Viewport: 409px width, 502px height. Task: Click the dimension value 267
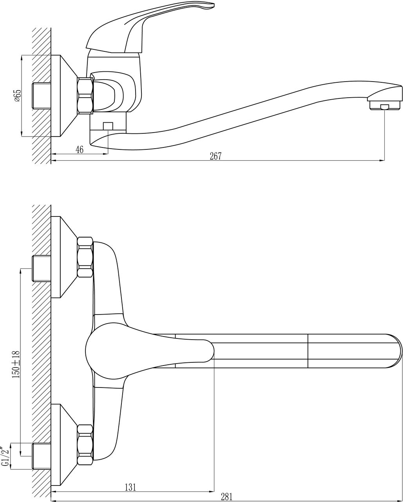coord(215,156)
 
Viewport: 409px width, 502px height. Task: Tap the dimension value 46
coord(80,150)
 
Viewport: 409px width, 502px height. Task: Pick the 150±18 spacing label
coord(16,364)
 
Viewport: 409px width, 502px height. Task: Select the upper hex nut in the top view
coord(85,257)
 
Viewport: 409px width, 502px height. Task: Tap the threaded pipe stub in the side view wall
coord(42,96)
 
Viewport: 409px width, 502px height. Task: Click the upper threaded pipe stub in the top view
coord(42,269)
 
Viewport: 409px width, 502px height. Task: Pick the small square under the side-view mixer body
coord(108,126)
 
